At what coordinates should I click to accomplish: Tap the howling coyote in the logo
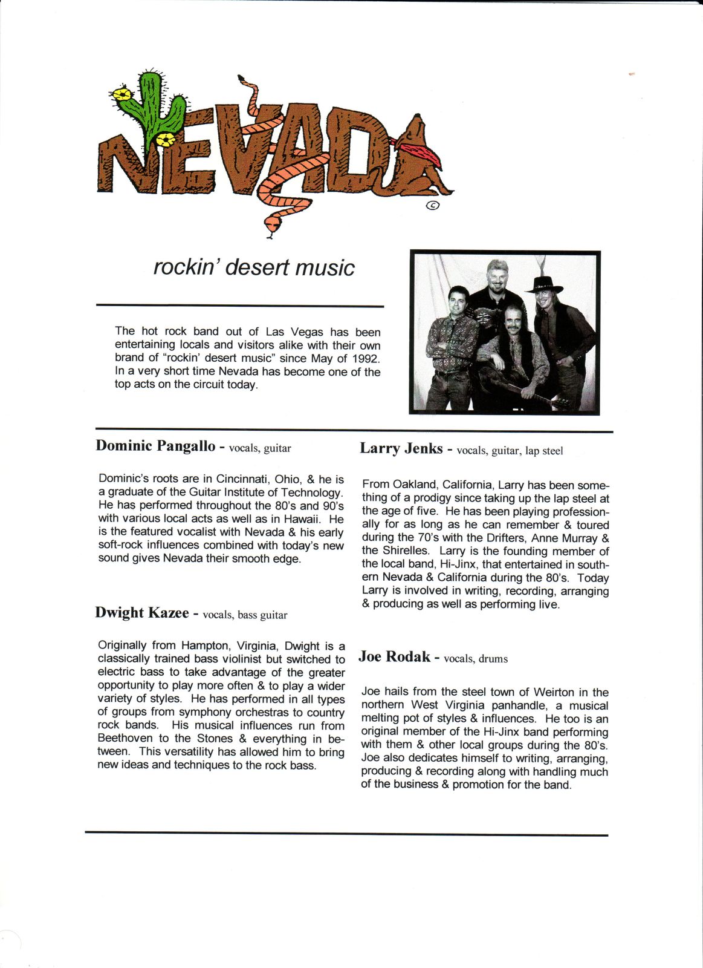pos(426,157)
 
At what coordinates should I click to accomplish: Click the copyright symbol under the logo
pos(433,206)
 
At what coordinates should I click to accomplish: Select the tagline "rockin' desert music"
pos(254,267)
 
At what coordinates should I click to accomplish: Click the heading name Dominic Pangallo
pos(155,446)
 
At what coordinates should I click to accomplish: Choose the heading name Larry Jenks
pos(401,448)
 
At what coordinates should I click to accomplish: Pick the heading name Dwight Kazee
pos(142,613)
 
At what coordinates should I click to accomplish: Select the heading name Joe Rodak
pos(394,657)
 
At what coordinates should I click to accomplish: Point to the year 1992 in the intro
pos(366,358)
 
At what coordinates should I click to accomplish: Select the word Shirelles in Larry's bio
pos(404,551)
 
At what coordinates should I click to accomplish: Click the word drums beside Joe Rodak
pos(493,659)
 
